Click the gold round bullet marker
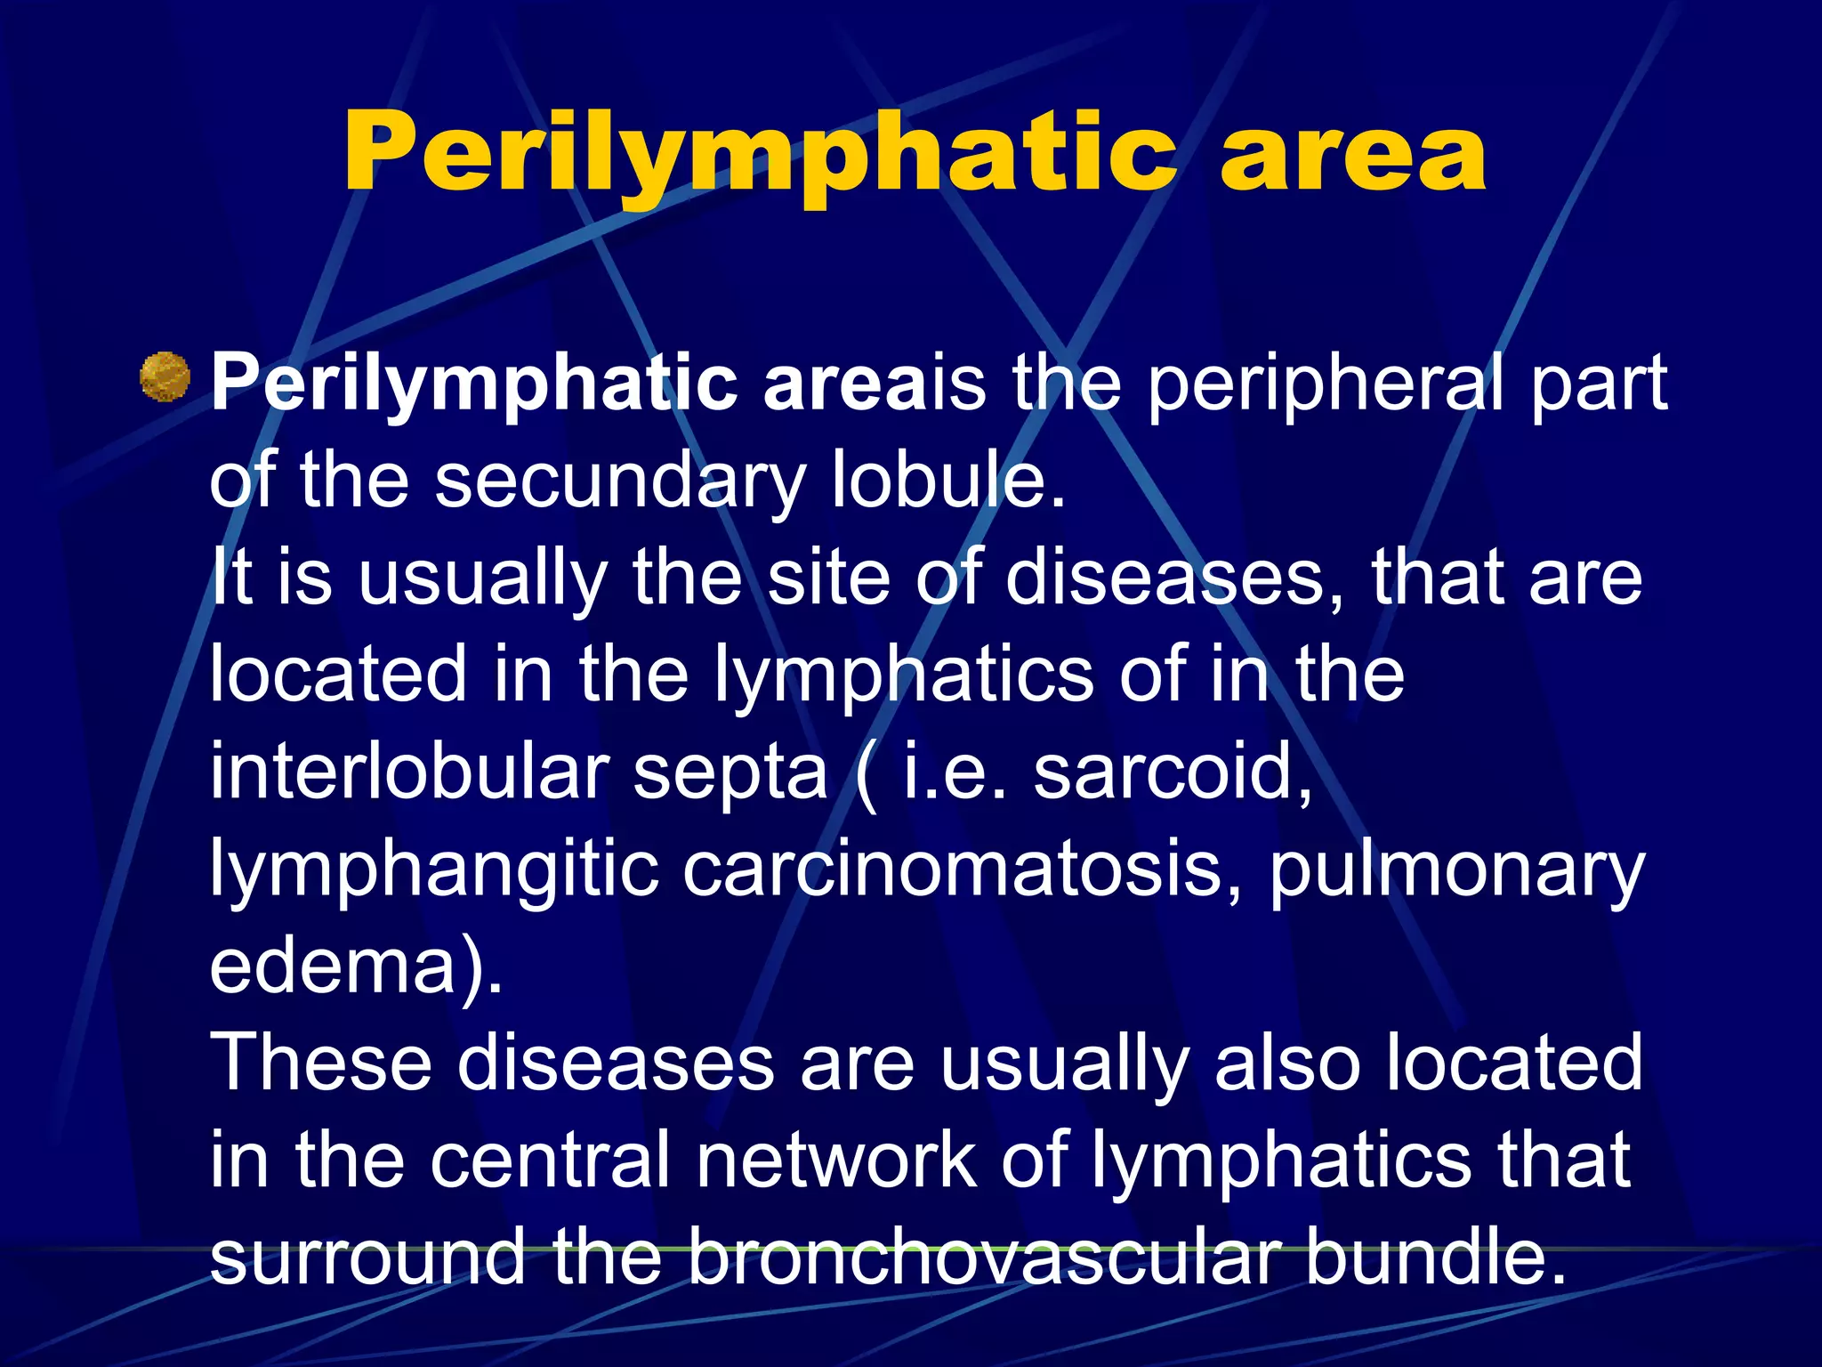click(165, 377)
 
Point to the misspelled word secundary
click(619, 481)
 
